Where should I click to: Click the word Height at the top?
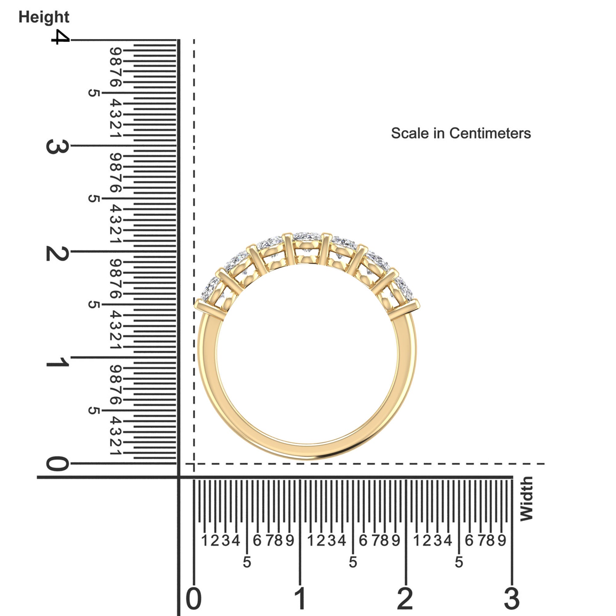pyautogui.click(x=44, y=17)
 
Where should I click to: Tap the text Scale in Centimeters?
pyautogui.click(x=461, y=133)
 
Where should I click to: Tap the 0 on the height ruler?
pyautogui.click(x=57, y=464)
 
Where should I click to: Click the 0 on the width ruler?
pyautogui.click(x=193, y=598)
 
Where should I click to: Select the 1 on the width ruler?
pyautogui.click(x=300, y=598)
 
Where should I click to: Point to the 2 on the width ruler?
pyautogui.click(x=405, y=598)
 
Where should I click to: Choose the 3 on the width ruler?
pyautogui.click(x=512, y=598)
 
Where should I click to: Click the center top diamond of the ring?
pyautogui.click(x=306, y=237)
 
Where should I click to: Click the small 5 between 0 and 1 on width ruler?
pyautogui.click(x=247, y=562)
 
